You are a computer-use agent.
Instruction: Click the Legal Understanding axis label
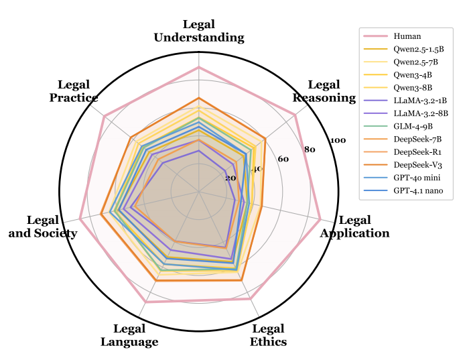[x=198, y=32]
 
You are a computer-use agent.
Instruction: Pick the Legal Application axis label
[x=354, y=227]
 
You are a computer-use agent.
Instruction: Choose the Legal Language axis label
[x=129, y=335]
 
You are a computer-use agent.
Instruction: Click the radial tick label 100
[x=338, y=140]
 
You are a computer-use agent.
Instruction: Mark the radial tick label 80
[x=310, y=149]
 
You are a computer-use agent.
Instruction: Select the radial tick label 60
[x=283, y=159]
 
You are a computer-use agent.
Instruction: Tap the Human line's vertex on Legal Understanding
[x=198, y=68]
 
